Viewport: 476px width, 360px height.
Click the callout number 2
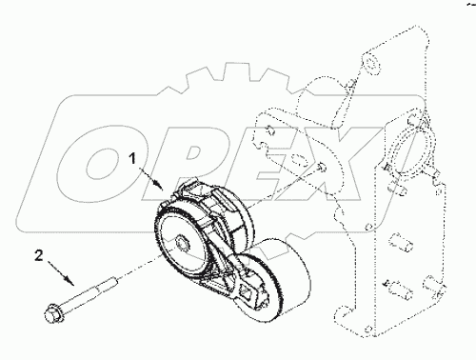38,254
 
